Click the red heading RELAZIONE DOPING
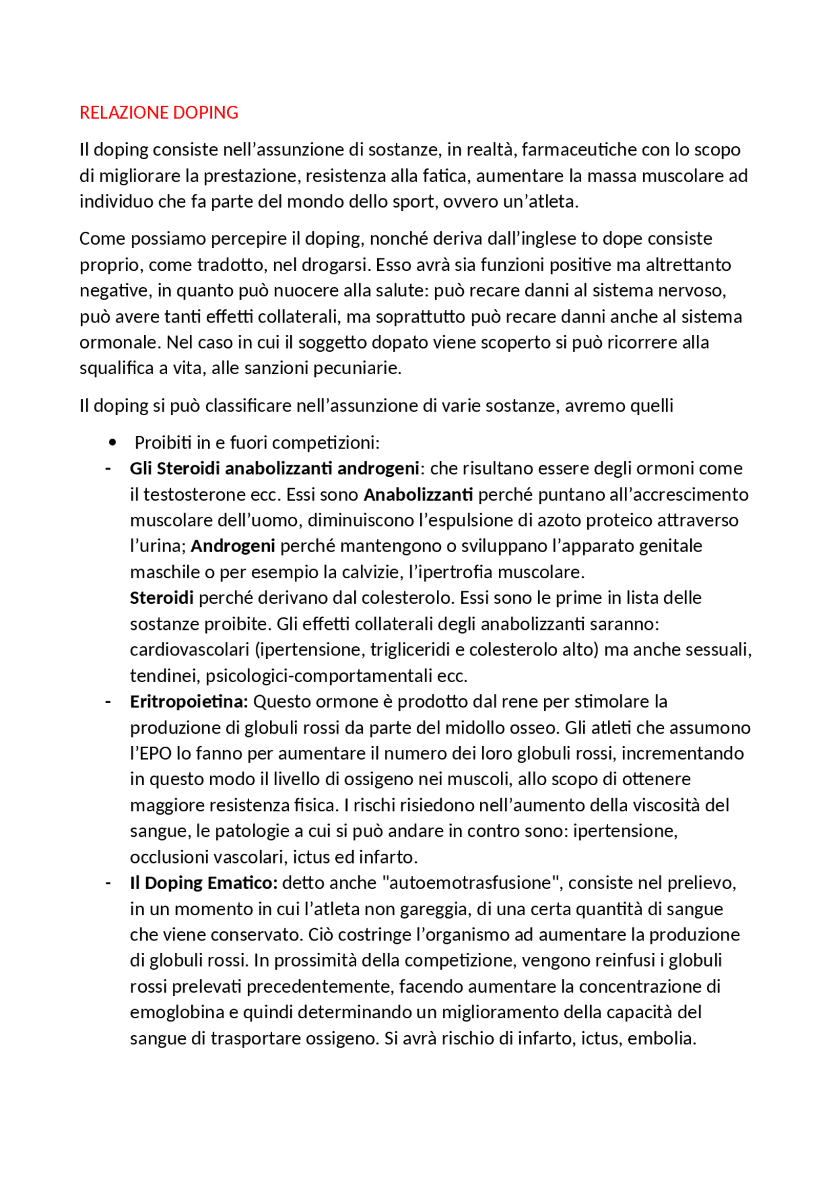tap(159, 113)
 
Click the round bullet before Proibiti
tap(113, 443)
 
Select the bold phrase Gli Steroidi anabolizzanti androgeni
tap(274, 469)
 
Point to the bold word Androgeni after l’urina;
tap(233, 546)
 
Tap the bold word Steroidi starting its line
tap(162, 598)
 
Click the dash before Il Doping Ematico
tap(108, 883)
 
